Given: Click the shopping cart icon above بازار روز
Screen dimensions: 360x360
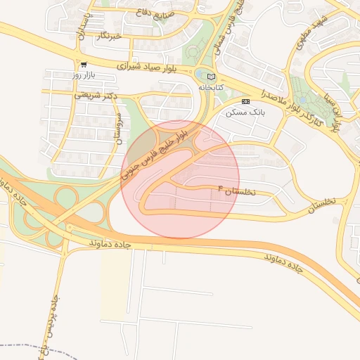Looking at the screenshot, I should (x=84, y=64).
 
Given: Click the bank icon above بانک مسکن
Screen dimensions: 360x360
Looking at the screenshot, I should (x=245, y=101).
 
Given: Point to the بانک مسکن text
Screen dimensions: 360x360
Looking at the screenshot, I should (x=242, y=112).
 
